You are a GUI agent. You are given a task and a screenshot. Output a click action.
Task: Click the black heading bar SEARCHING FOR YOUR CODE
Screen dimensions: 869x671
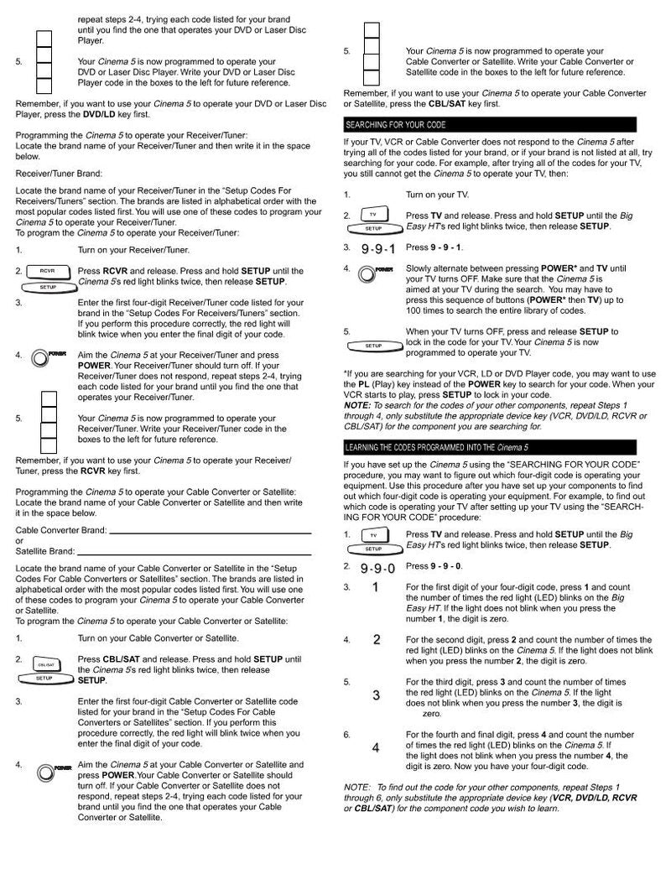click(x=503, y=125)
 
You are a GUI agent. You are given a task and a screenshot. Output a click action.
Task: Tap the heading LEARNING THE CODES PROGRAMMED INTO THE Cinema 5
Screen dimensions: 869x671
click(x=503, y=446)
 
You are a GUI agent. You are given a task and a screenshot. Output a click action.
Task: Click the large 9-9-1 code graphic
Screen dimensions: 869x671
click(x=378, y=249)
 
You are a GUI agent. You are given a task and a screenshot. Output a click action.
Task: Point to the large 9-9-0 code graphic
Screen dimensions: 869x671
click(x=378, y=568)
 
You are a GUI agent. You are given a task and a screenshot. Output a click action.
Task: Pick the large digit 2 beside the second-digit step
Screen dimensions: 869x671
click(x=377, y=640)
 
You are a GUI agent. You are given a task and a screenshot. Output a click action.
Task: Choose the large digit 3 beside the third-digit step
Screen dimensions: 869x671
click(x=376, y=695)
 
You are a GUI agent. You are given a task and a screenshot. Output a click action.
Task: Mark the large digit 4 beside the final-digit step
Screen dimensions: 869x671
click(x=376, y=747)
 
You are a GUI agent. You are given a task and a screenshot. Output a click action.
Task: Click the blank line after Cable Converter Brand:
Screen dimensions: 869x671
click(x=210, y=532)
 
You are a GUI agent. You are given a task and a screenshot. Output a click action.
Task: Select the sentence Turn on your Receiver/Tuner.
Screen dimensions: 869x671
click(x=133, y=250)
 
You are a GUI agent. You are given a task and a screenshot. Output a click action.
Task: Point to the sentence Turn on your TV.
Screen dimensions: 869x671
click(x=437, y=195)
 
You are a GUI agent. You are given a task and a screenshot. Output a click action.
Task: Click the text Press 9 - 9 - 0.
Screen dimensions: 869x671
click(x=434, y=567)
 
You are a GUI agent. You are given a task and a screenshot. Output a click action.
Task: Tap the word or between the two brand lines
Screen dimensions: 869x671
click(x=20, y=542)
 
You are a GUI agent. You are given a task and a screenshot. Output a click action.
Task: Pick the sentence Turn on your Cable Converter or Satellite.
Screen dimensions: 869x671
click(x=159, y=638)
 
